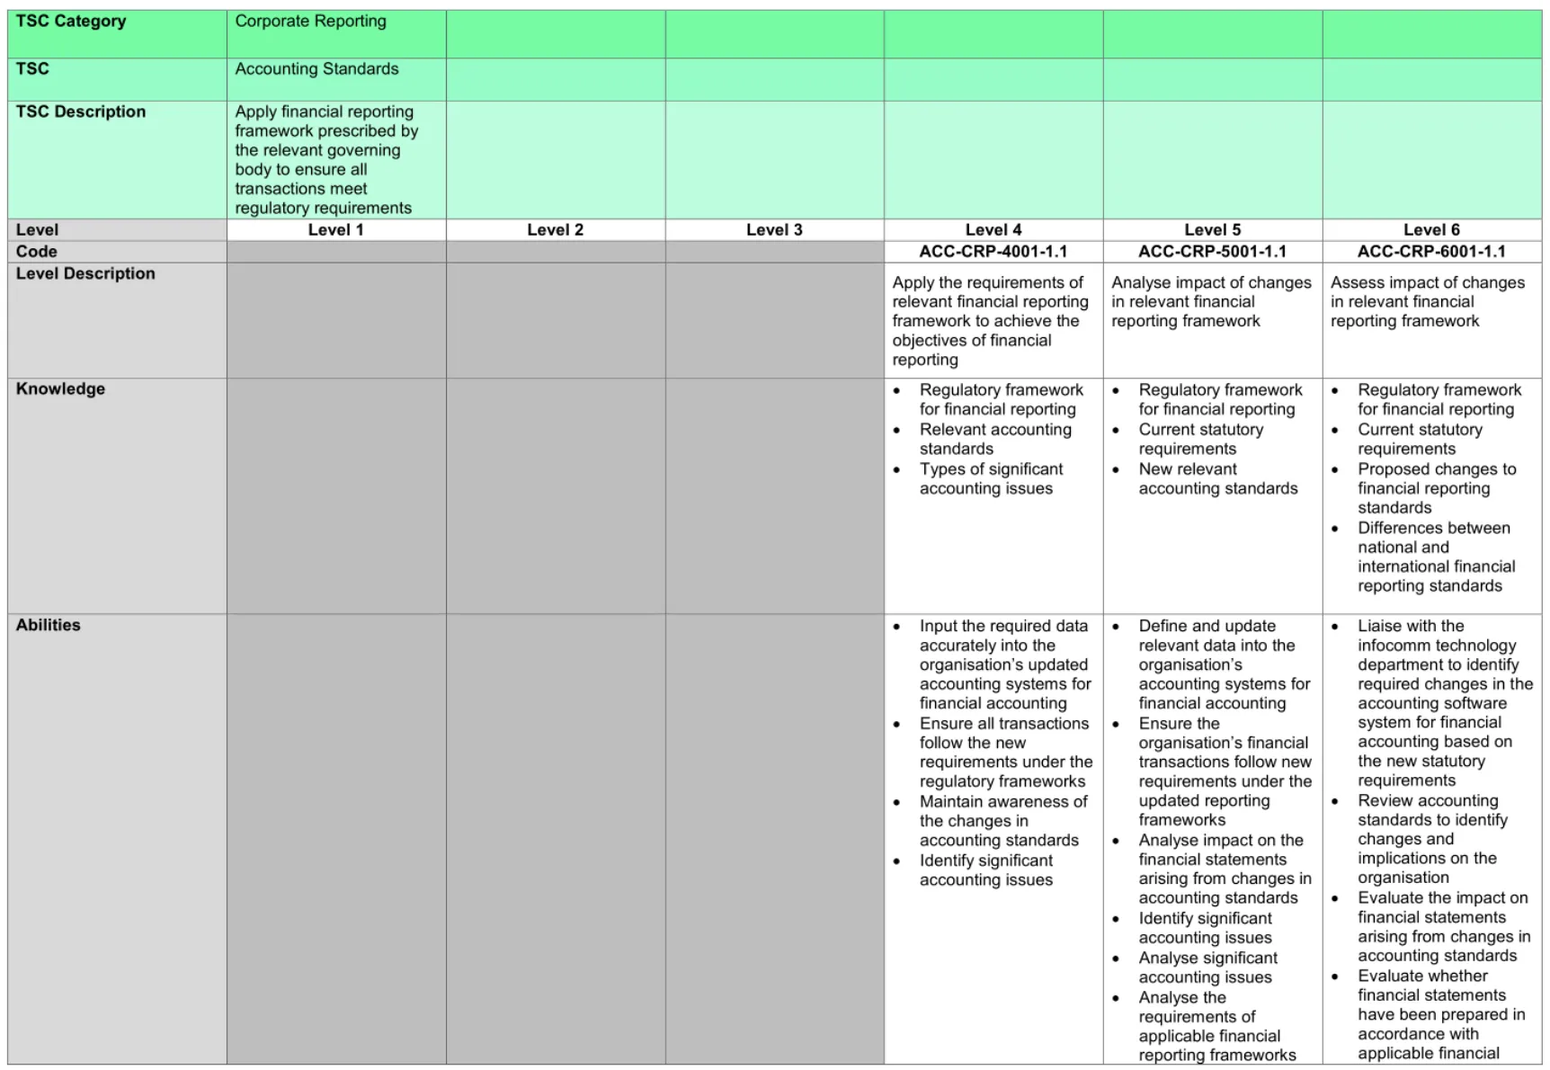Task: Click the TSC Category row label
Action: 71,22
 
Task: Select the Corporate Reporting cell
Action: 310,22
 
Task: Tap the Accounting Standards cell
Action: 316,69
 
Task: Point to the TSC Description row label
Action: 80,112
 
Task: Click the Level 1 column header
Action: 335,230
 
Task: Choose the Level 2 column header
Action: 555,230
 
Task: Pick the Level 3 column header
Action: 774,230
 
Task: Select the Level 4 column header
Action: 993,230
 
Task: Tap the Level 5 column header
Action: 1212,230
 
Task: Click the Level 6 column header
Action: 1431,230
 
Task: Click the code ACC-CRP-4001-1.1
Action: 993,252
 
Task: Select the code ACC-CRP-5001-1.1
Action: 1212,252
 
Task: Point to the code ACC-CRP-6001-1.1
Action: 1431,252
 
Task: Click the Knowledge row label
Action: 60,389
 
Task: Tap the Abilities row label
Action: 48,626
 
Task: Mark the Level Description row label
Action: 85,274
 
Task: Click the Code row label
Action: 36,252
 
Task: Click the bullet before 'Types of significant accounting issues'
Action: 896,470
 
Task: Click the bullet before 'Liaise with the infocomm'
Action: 1335,627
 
